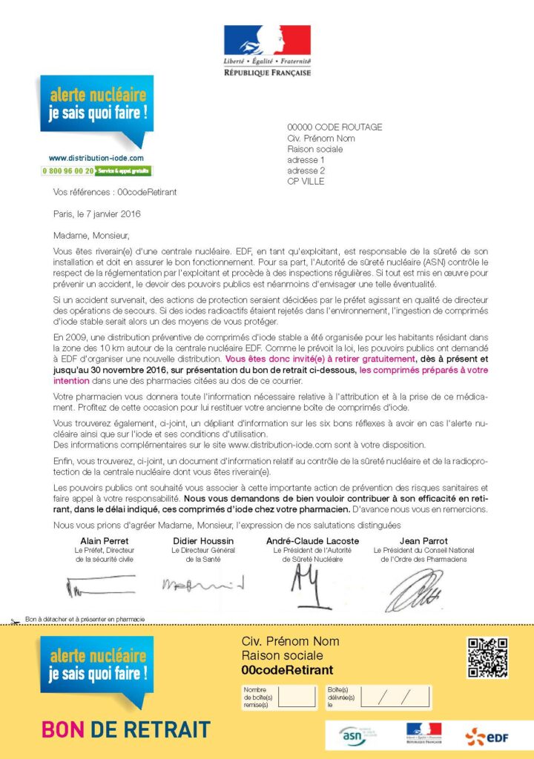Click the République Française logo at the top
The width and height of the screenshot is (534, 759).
tap(267, 50)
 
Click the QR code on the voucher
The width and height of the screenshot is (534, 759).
tap(487, 657)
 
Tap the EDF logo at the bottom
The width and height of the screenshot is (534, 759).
tap(486, 736)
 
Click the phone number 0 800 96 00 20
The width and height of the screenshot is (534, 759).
tap(68, 170)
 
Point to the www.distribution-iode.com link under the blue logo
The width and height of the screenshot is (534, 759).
tap(96, 158)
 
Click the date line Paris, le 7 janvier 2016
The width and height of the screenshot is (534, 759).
tap(97, 214)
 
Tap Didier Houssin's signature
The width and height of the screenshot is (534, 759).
tap(202, 586)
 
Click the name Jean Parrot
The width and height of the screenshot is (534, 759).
tap(423, 541)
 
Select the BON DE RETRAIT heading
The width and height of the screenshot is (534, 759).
tap(125, 729)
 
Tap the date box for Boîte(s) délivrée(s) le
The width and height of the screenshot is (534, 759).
tap(392, 697)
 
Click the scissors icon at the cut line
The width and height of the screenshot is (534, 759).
tap(15, 620)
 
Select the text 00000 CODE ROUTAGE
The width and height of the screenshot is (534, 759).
tap(334, 127)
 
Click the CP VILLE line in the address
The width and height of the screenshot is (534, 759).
tap(306, 182)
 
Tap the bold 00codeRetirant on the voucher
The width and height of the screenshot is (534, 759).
tap(287, 670)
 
